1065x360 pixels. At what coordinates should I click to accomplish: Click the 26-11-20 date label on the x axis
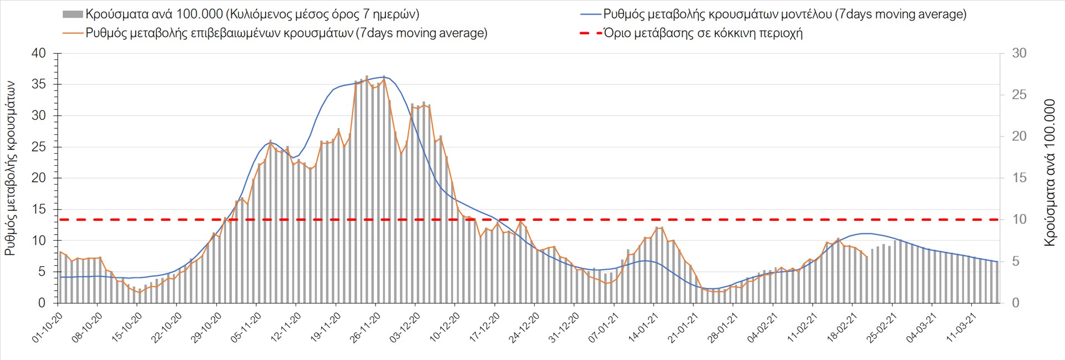tap(365, 327)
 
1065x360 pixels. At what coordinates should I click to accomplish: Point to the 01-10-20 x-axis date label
tap(47, 327)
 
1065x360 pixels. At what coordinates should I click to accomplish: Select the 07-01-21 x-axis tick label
tap(603, 327)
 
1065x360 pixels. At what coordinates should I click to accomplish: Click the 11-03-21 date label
tap(961, 327)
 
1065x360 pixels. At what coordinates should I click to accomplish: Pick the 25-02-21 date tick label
tap(882, 327)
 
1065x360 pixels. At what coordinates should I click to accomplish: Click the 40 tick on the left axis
tap(39, 54)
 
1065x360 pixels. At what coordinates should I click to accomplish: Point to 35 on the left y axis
tap(39, 85)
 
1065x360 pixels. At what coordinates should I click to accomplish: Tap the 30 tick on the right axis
tap(1020, 54)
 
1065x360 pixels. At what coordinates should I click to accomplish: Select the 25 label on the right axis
tap(1020, 95)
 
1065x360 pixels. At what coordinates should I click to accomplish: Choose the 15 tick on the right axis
tap(1020, 178)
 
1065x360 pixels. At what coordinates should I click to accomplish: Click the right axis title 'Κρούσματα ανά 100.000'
tap(1049, 173)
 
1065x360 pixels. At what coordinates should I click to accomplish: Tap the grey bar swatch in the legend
tap(73, 14)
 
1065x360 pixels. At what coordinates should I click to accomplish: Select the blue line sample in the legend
tap(591, 14)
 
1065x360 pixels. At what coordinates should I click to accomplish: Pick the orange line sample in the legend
tap(73, 33)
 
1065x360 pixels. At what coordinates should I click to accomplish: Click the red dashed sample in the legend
tap(591, 33)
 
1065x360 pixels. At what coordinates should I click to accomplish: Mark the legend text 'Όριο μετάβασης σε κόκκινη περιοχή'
tap(703, 33)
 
